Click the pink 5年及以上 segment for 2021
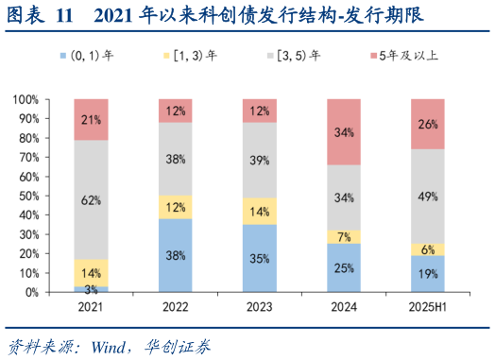pyautogui.click(x=91, y=119)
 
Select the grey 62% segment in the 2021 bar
pyautogui.click(x=91, y=199)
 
